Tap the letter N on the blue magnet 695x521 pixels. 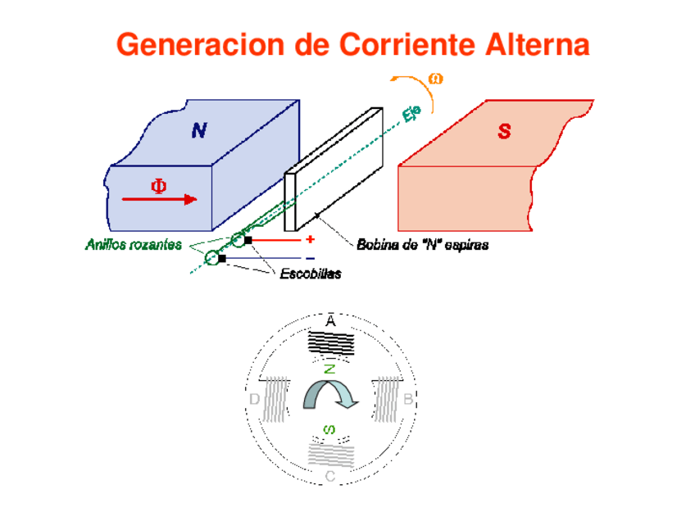199,130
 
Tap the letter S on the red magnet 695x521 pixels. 504,131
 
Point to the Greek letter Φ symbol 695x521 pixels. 157,186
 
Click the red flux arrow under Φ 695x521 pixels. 159,199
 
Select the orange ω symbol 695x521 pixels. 436,79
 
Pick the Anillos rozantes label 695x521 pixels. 134,244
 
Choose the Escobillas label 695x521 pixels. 310,274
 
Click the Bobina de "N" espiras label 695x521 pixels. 422,244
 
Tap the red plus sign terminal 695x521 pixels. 310,240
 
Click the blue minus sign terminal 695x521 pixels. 310,258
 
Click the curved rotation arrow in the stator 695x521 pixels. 330,396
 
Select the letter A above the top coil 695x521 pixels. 330,322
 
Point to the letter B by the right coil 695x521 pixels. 407,400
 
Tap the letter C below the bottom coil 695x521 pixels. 329,476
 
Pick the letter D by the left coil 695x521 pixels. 254,400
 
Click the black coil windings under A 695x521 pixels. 331,342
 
